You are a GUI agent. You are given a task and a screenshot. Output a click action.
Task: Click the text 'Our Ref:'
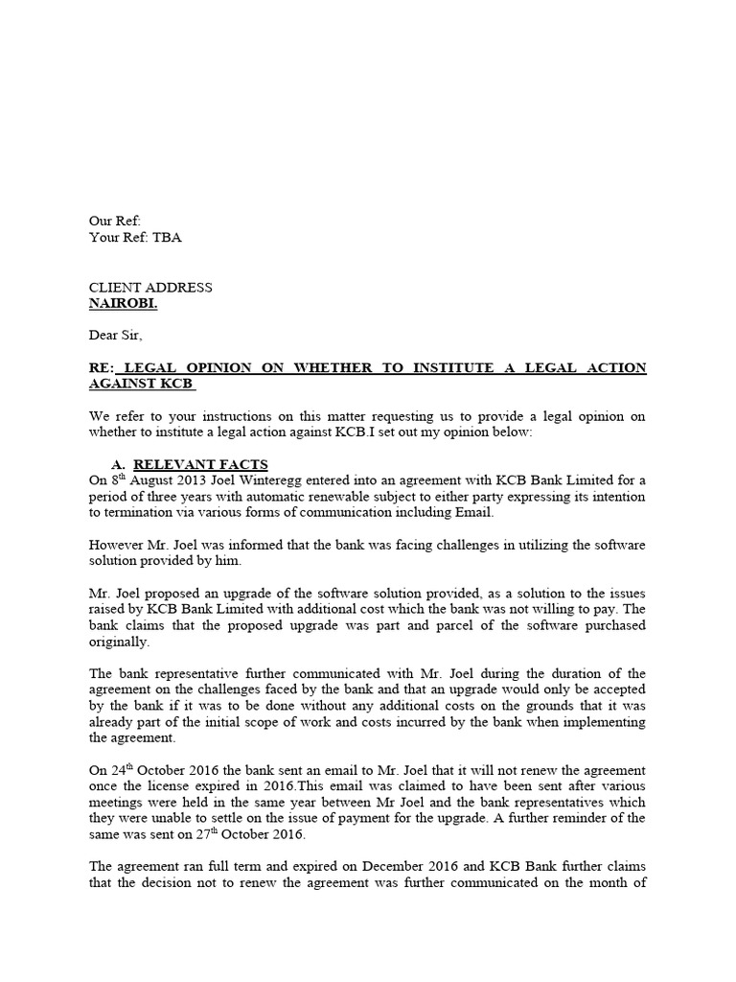pyautogui.click(x=115, y=222)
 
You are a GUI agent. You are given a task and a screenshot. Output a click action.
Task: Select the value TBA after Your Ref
pyautogui.click(x=166, y=238)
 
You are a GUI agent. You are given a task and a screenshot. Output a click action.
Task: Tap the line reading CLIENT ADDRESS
pyautogui.click(x=150, y=288)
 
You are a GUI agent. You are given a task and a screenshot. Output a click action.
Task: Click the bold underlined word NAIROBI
pyautogui.click(x=124, y=304)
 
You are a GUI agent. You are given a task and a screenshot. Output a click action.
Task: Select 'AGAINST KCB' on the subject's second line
pyautogui.click(x=141, y=384)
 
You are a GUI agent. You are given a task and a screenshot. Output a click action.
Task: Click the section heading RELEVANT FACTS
pyautogui.click(x=200, y=465)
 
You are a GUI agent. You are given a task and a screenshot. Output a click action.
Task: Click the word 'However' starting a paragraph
pyautogui.click(x=118, y=545)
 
